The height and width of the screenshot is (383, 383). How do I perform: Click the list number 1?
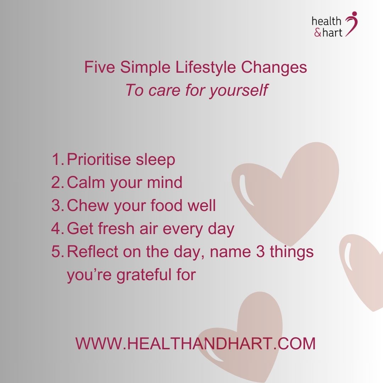coord(57,160)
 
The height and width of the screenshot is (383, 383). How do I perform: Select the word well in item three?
coord(202,206)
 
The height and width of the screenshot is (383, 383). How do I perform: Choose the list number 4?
coord(57,229)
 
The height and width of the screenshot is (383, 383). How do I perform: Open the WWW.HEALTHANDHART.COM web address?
coord(195,344)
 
